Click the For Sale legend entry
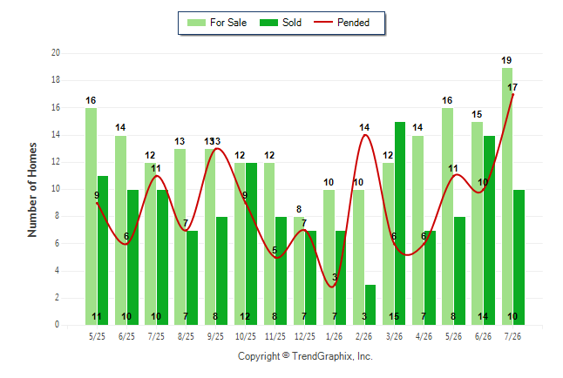pyautogui.click(x=217, y=23)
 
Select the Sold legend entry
pyautogui.click(x=281, y=23)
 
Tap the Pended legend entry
pyautogui.click(x=342, y=23)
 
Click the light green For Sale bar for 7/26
pyautogui.click(x=507, y=196)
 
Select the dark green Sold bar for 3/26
pyautogui.click(x=400, y=223)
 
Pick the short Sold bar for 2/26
pyautogui.click(x=370, y=305)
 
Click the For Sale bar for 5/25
pyautogui.click(x=92, y=217)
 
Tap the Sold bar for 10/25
pyautogui.click(x=251, y=244)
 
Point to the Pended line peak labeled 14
pyautogui.click(x=365, y=135)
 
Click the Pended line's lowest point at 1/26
pyautogui.click(x=332, y=287)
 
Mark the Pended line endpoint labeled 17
pyautogui.click(x=512, y=94)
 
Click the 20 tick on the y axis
pyautogui.click(x=56, y=53)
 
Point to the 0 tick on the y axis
pyautogui.click(x=58, y=325)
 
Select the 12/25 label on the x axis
pyautogui.click(x=304, y=336)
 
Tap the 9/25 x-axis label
pyautogui.click(x=215, y=336)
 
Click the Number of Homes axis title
pyautogui.click(x=32, y=190)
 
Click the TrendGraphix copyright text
pyautogui.click(x=305, y=356)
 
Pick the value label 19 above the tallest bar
pyautogui.click(x=506, y=60)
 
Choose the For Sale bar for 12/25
pyautogui.click(x=299, y=271)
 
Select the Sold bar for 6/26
pyautogui.click(x=489, y=230)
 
